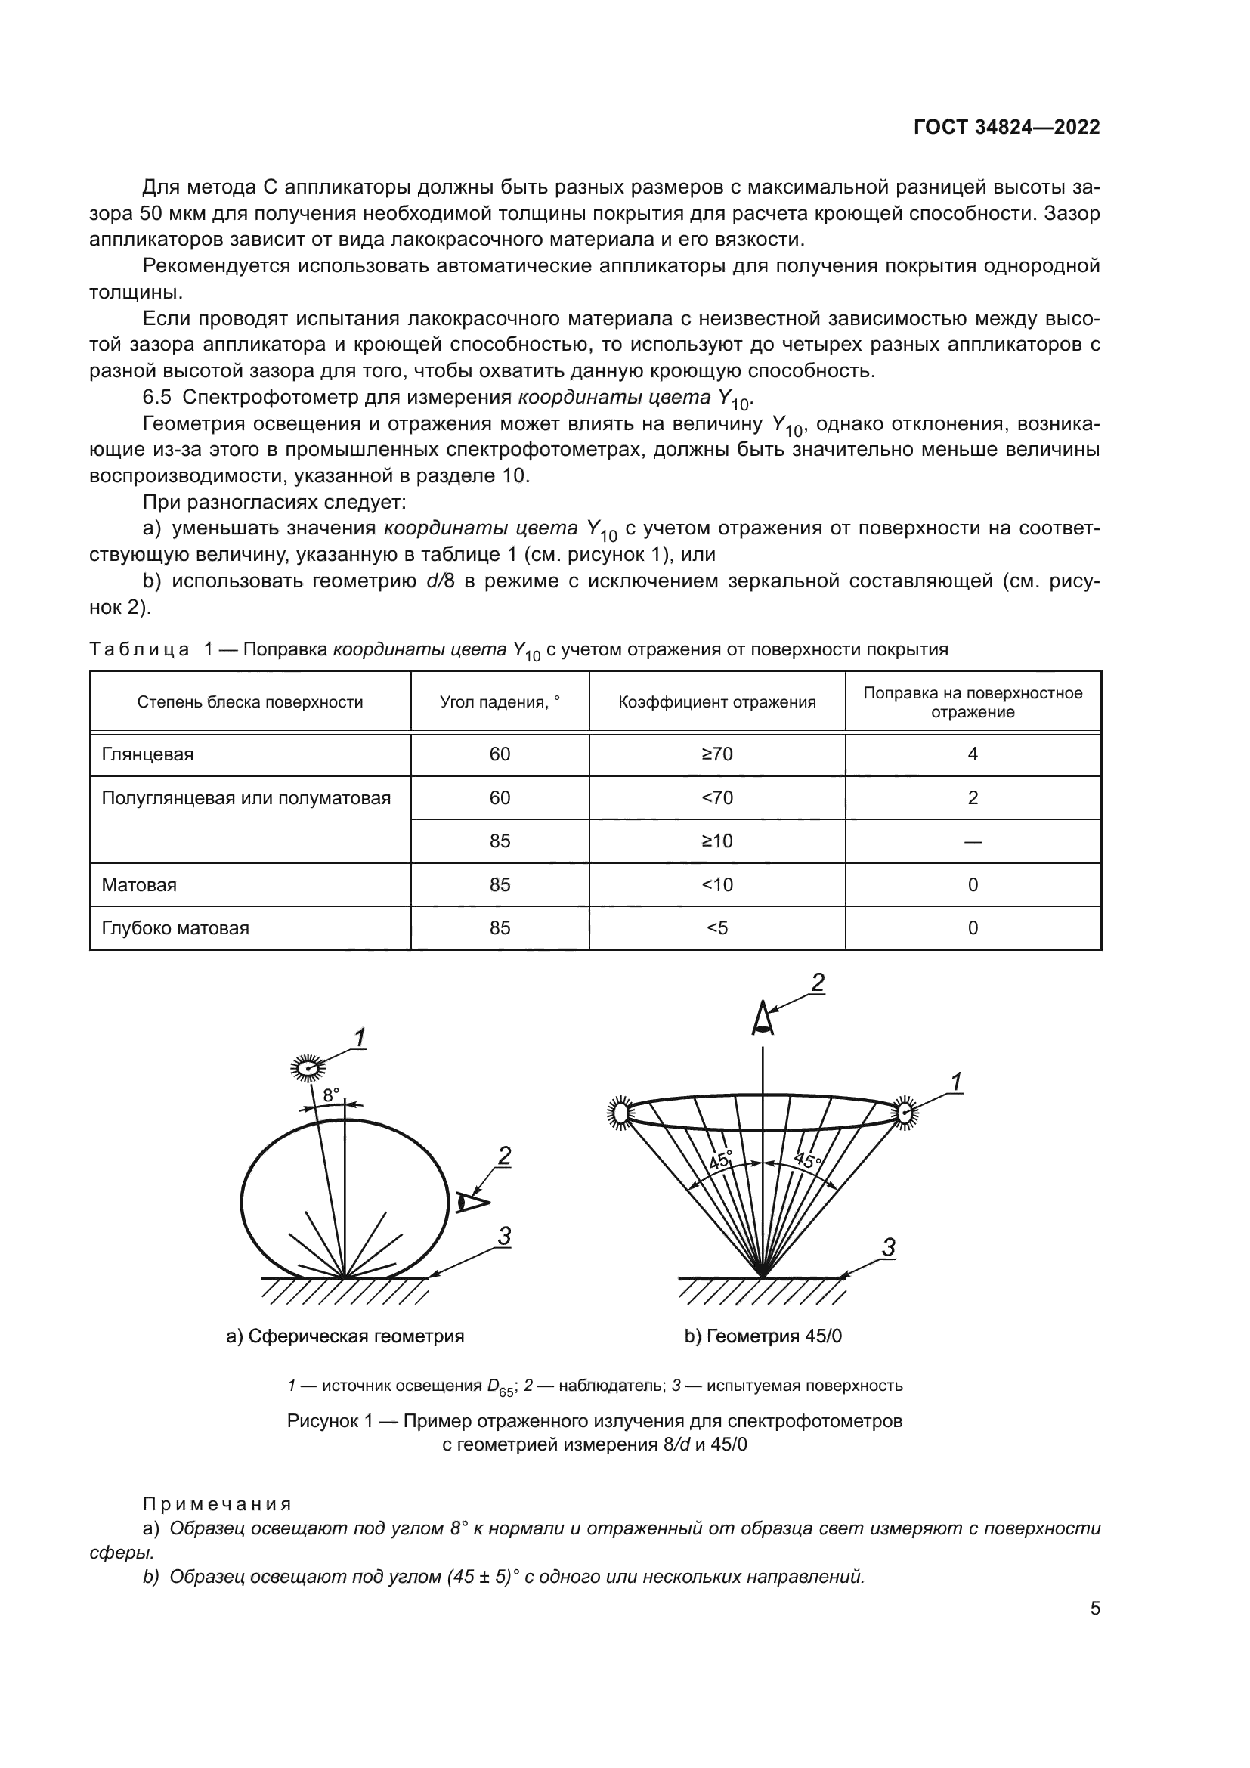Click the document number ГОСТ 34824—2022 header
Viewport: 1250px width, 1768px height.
pos(1006,128)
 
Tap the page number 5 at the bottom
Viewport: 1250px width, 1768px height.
pos(1094,1608)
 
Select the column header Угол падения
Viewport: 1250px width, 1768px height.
pos(500,701)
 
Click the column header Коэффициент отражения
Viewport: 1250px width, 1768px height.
pos(716,701)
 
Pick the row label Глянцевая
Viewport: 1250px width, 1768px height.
pos(148,754)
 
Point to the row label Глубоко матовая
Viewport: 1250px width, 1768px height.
pos(175,927)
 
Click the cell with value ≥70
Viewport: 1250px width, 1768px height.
pos(716,754)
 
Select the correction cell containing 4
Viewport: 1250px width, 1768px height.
pos(972,754)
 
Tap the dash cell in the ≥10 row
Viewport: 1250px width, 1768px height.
pos(972,841)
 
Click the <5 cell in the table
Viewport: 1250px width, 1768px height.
pos(716,927)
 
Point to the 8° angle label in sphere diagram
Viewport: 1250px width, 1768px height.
pos(330,1095)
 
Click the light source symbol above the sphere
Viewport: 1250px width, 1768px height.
pos(308,1068)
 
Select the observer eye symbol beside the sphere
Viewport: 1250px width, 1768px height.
pos(470,1202)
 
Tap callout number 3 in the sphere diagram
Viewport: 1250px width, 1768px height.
pos(503,1236)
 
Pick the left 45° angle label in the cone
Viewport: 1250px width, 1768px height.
pos(720,1160)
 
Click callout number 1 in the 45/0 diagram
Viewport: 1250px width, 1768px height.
pos(955,1082)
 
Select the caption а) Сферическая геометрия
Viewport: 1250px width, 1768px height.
pos(345,1336)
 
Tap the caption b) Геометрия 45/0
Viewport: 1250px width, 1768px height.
pos(763,1336)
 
